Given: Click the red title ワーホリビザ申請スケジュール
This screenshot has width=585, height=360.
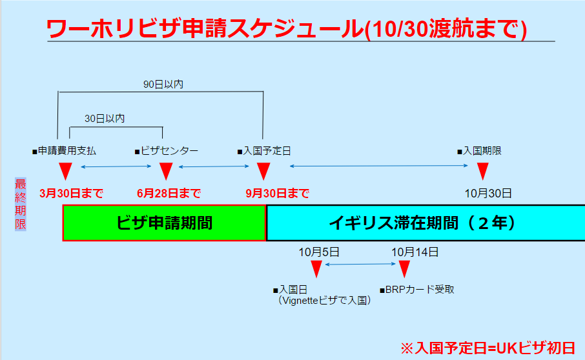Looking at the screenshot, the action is click(205, 28).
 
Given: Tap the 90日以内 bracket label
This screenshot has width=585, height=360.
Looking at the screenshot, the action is click(163, 85).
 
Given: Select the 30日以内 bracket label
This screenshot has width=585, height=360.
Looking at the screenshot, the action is click(105, 119).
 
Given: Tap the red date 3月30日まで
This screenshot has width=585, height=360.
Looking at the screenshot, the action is click(71, 194).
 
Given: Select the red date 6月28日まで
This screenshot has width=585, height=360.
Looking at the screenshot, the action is click(169, 194).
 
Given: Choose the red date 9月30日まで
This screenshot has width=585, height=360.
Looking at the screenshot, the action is click(277, 194).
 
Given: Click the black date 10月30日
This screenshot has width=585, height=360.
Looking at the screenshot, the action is click(488, 194).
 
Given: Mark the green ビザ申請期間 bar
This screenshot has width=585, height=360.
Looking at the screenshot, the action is click(164, 223).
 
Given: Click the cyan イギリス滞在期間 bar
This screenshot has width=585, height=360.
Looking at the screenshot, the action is click(426, 223).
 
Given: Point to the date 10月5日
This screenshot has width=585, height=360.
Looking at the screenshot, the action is click(318, 252).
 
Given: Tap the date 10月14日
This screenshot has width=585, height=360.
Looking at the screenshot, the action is click(415, 252).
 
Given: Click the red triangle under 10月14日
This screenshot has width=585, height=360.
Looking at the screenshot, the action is click(404, 268).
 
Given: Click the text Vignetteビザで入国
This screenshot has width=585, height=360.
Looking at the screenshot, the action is click(324, 301).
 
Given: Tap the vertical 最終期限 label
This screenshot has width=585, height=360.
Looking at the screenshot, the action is click(21, 205).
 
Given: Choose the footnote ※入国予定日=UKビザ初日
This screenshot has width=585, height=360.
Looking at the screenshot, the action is click(488, 348).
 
